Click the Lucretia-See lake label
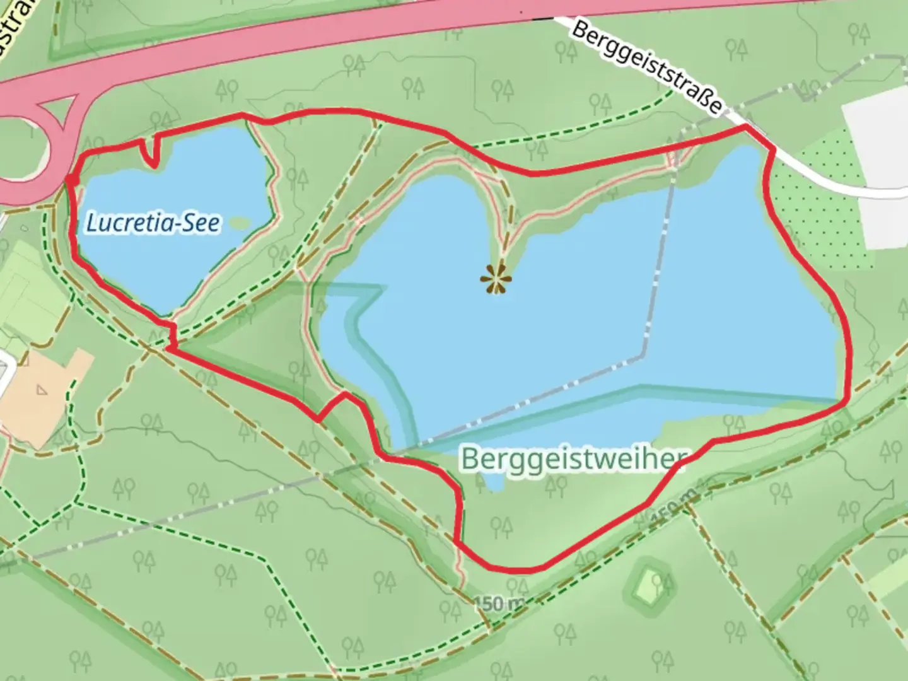[153, 223]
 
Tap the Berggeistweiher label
[574, 458]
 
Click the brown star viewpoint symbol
[496, 279]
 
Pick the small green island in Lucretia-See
[240, 222]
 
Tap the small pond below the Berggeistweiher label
[494, 483]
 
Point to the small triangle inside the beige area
[41, 390]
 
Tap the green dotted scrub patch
[820, 202]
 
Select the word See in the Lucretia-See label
[202, 223]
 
